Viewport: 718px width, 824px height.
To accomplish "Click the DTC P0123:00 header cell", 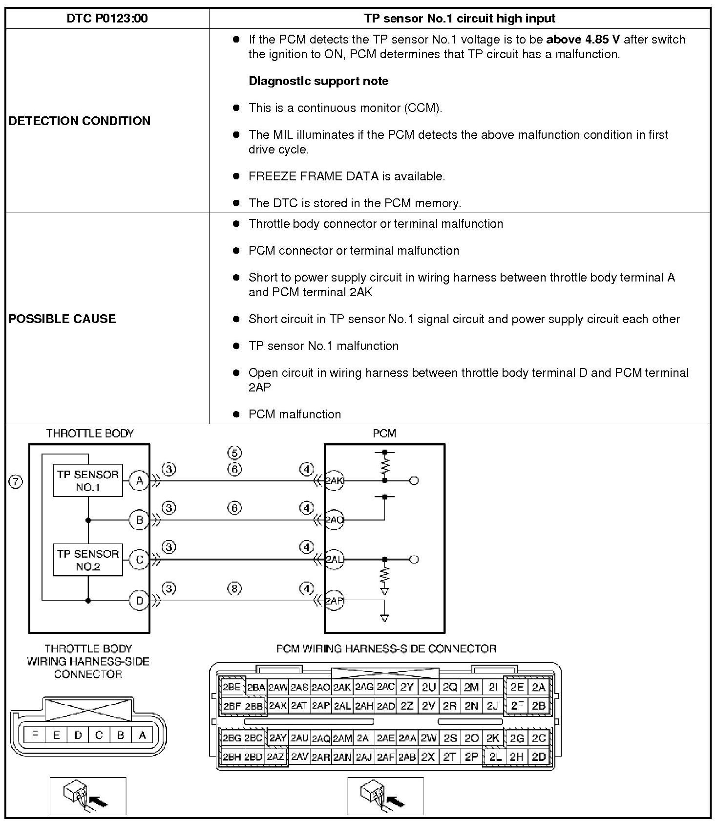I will pyautogui.click(x=107, y=19).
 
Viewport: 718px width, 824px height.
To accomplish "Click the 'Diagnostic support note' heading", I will pyautogui.click(x=318, y=81).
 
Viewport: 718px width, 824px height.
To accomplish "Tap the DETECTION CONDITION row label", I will pyautogui.click(x=80, y=121).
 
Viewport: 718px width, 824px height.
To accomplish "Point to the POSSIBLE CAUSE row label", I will pyautogui.click(x=63, y=319).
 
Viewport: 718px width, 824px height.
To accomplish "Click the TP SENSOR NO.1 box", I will pyautogui.click(x=88, y=481).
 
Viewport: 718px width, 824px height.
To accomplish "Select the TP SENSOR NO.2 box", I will pyautogui.click(x=88, y=560).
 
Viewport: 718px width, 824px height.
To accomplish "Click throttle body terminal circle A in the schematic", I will pyautogui.click(x=139, y=481).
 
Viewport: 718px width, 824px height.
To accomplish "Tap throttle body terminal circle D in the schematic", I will pyautogui.click(x=139, y=600).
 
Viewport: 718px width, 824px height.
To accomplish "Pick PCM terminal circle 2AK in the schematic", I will pyautogui.click(x=335, y=481).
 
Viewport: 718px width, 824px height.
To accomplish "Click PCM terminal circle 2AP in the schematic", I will pyautogui.click(x=335, y=600).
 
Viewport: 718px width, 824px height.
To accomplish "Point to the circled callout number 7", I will pyautogui.click(x=16, y=482).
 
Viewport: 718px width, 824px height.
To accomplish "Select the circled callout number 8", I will pyautogui.click(x=234, y=588).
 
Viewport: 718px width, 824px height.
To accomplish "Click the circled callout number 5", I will pyautogui.click(x=234, y=453).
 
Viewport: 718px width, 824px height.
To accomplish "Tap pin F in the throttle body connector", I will pyautogui.click(x=35, y=735).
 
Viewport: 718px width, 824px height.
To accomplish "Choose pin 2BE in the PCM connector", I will pyautogui.click(x=232, y=687).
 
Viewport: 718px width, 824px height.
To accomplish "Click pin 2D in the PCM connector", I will pyautogui.click(x=538, y=757).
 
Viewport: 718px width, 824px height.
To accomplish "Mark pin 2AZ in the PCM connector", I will pyautogui.click(x=276, y=757).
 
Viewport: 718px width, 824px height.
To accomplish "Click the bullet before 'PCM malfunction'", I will pyautogui.click(x=236, y=414).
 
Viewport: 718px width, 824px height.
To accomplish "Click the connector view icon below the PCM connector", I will pyautogui.click(x=385, y=796).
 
